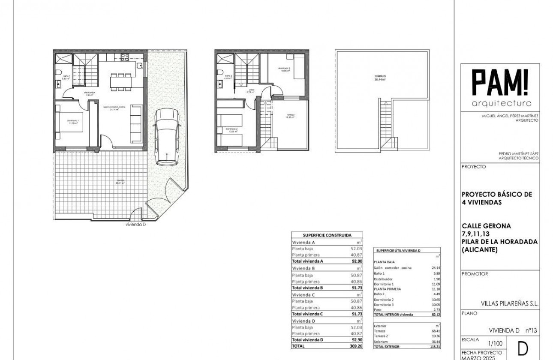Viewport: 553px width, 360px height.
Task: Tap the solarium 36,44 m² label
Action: pyautogui.click(x=379, y=78)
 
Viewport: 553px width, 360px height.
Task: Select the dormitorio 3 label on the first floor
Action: pyautogui.click(x=284, y=69)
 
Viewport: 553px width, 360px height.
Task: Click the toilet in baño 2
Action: pyautogui.click(x=220, y=72)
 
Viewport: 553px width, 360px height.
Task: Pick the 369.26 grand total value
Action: pyautogui.click(x=356, y=345)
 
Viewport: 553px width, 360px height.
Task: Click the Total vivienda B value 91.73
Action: pyautogui.click(x=356, y=288)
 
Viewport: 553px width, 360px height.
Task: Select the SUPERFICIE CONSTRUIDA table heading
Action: pyautogui.click(x=327, y=235)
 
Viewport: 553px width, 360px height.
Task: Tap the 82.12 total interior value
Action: pyautogui.click(x=436, y=314)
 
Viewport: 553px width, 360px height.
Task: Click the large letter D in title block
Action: pyautogui.click(x=523, y=349)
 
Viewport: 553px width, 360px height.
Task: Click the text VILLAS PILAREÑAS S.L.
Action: pyautogui.click(x=514, y=303)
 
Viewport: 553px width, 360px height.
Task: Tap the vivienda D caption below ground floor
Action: pyautogui.click(x=136, y=224)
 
